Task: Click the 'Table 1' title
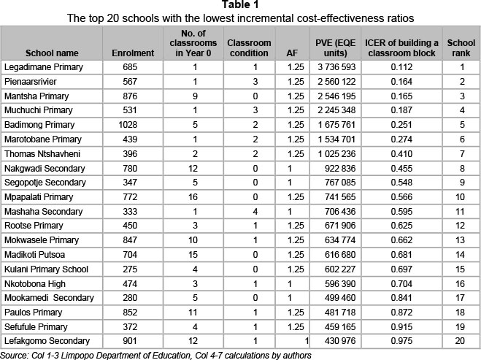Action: [240, 6]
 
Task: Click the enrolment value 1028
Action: [133, 124]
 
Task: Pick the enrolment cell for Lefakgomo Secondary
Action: [133, 341]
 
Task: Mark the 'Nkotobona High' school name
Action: [35, 283]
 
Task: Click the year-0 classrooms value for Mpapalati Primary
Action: [195, 197]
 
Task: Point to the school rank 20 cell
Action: [461, 341]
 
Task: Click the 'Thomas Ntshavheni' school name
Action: [42, 153]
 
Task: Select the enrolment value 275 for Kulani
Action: [133, 269]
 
